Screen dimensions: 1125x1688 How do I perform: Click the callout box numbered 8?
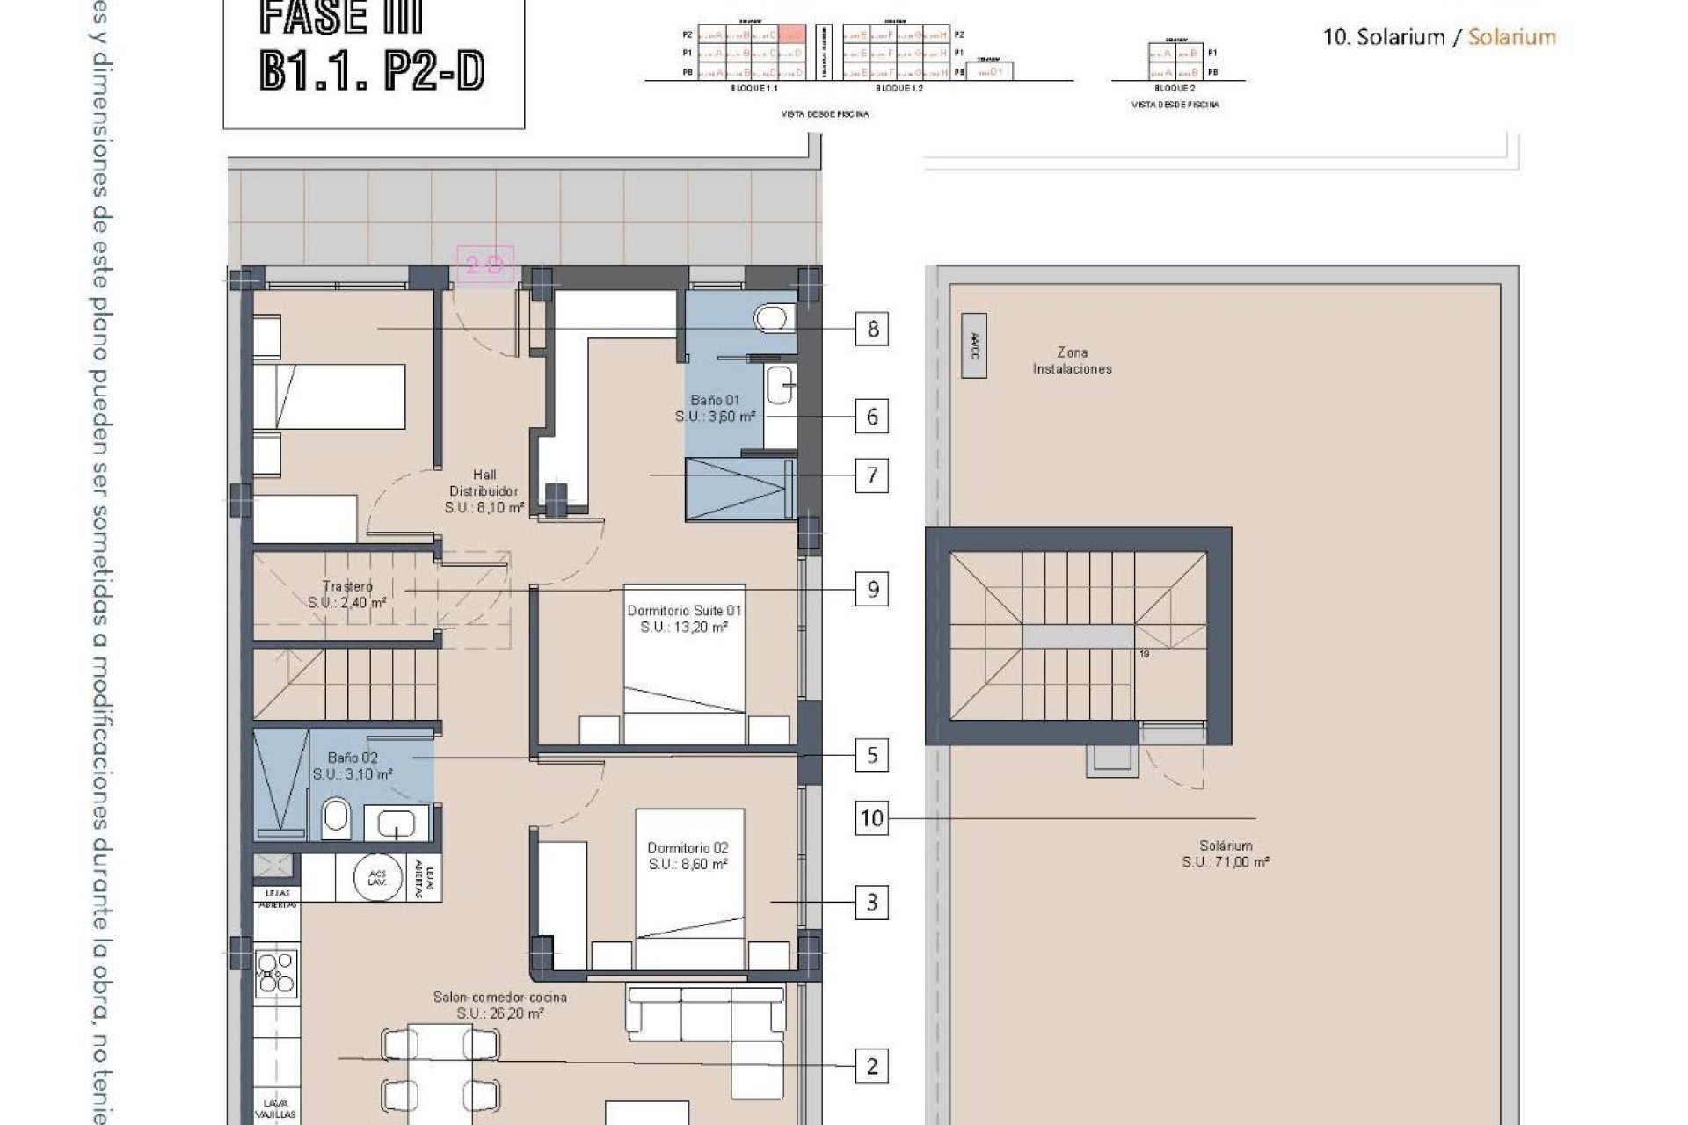[x=872, y=329]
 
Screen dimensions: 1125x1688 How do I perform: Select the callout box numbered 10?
[x=871, y=818]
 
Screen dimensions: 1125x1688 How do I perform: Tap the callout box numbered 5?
[x=871, y=755]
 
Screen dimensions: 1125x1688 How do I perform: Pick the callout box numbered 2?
[x=871, y=1066]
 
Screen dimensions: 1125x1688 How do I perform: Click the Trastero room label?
[x=347, y=594]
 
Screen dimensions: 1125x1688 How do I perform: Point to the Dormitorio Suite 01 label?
[x=684, y=619]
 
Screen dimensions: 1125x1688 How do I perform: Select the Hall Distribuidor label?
[x=484, y=491]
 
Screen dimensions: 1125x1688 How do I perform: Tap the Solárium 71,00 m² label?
[x=1225, y=853]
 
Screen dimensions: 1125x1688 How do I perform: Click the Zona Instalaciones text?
[x=1072, y=360]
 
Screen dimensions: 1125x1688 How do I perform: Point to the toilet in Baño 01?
[x=775, y=317]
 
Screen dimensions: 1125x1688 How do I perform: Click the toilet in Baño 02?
[x=335, y=818]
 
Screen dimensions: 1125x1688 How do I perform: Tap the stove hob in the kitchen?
[x=275, y=974]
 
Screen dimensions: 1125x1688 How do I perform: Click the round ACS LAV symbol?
[x=377, y=876]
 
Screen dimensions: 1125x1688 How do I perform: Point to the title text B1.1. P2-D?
[x=372, y=72]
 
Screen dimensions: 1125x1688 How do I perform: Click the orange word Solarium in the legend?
[x=1511, y=37]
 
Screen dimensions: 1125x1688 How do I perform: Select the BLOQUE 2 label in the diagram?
[x=1175, y=89]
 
